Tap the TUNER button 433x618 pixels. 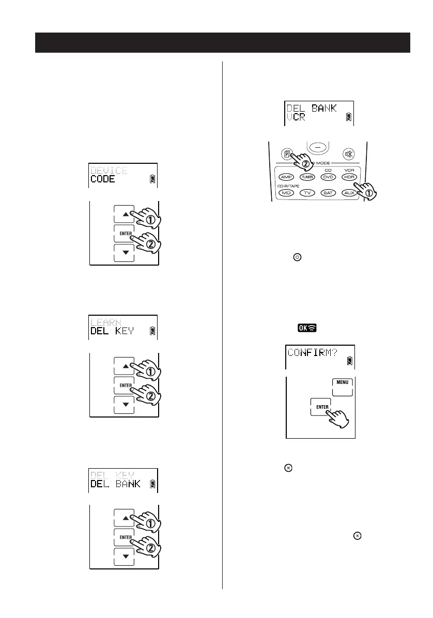[x=307, y=177]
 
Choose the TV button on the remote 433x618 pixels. [x=307, y=192]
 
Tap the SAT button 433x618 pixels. [x=328, y=192]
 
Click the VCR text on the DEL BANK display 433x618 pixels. [x=297, y=117]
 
